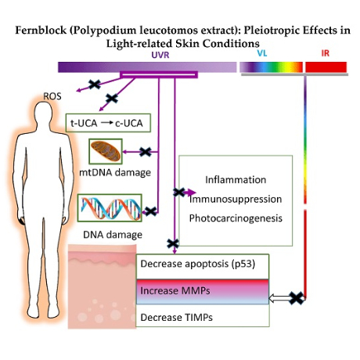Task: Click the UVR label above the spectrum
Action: click(x=160, y=55)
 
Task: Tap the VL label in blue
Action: click(x=262, y=53)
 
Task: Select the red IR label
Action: click(x=325, y=53)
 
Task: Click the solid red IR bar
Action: click(x=326, y=67)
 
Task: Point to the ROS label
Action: click(x=52, y=96)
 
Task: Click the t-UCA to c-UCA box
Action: click(x=108, y=123)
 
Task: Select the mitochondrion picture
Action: click(x=106, y=151)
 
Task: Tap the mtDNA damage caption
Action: click(x=115, y=172)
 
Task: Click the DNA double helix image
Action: click(x=110, y=208)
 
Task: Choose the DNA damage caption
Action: click(x=113, y=235)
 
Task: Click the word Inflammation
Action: click(x=236, y=180)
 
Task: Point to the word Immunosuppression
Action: click(x=236, y=199)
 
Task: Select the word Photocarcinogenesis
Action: click(x=236, y=218)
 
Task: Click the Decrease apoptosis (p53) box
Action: click(x=203, y=266)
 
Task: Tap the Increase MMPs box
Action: click(x=203, y=292)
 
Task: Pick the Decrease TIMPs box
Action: click(x=203, y=315)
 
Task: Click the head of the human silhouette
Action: click(x=43, y=113)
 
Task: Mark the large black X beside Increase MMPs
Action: click(x=297, y=298)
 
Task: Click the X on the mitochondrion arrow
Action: click(x=146, y=152)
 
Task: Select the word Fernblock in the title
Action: click(x=41, y=31)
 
